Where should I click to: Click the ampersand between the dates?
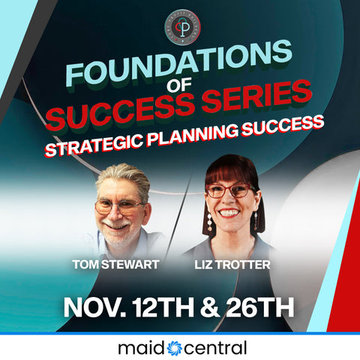211,307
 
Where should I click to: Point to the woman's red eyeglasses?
229,190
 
